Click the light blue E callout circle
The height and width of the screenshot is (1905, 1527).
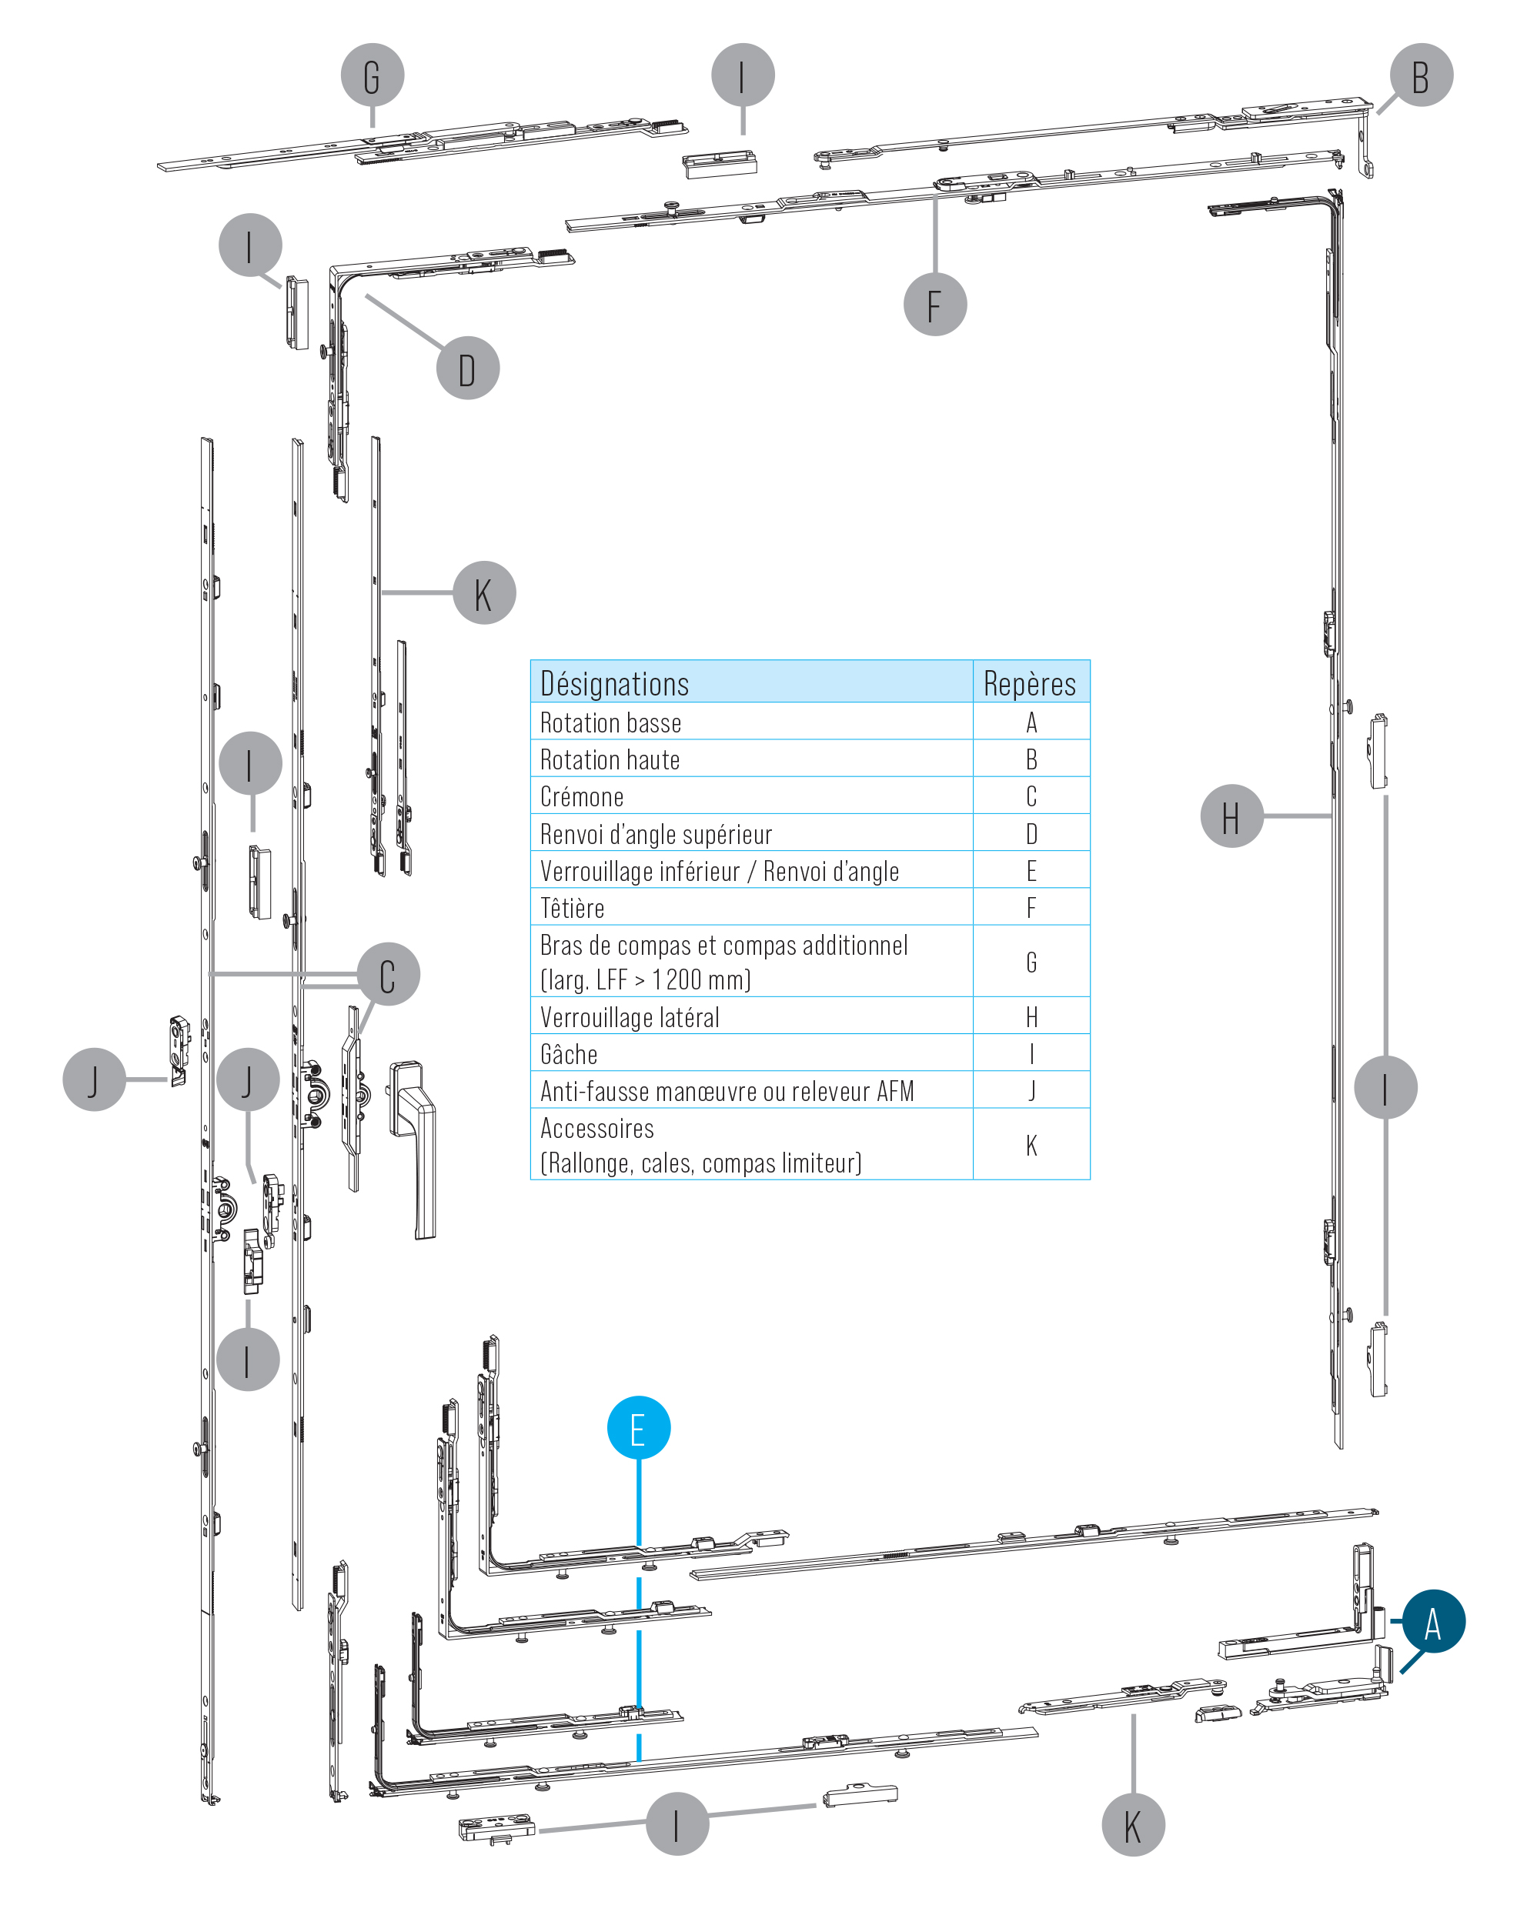pos(639,1428)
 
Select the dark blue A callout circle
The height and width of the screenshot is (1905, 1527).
pos(1433,1621)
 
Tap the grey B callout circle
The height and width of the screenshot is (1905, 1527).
pos(1421,75)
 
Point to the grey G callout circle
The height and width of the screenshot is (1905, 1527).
pos(372,75)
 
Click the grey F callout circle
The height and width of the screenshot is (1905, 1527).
pos(935,304)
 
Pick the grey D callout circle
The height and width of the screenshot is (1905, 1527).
pos(467,368)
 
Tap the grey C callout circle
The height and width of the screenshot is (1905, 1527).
pos(388,974)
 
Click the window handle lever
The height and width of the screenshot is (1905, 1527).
pos(413,1149)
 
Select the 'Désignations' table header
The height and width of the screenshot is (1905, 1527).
pos(614,684)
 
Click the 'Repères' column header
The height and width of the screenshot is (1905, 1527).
pos(1030,684)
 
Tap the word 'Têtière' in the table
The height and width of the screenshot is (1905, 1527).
pos(572,907)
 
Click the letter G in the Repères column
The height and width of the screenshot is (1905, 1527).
pos(1031,963)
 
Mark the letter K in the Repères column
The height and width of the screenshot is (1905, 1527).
pos(1031,1145)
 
